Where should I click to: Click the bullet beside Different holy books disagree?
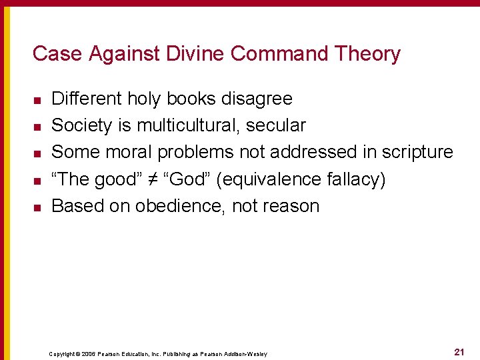coord(37,100)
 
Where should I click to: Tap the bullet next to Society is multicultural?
coord(37,127)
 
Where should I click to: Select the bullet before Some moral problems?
coord(37,153)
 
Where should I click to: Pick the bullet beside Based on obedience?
coord(37,207)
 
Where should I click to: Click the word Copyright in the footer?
coord(62,353)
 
